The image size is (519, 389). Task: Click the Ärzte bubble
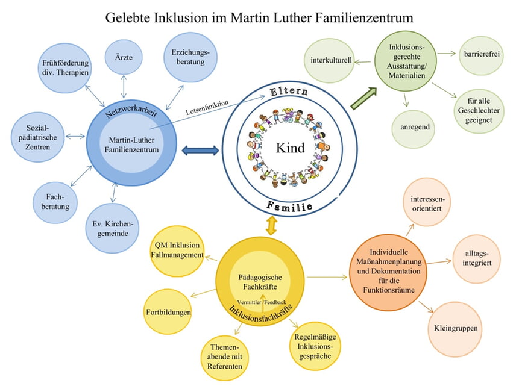[123, 57]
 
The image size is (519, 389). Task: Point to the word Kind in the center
[289, 148]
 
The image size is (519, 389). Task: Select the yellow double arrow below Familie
[272, 226]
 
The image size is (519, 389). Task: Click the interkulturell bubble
[331, 61]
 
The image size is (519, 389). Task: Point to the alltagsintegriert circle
[476, 259]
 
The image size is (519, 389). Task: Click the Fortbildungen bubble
[168, 312]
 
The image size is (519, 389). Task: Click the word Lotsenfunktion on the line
[207, 108]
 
